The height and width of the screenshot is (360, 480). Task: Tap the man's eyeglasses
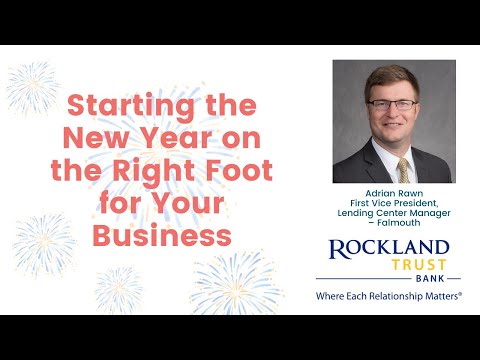[393, 103]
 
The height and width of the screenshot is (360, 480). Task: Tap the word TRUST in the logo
[421, 267]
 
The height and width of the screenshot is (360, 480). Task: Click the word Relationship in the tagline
[399, 297]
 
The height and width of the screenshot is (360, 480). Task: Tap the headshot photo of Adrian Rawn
[393, 122]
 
